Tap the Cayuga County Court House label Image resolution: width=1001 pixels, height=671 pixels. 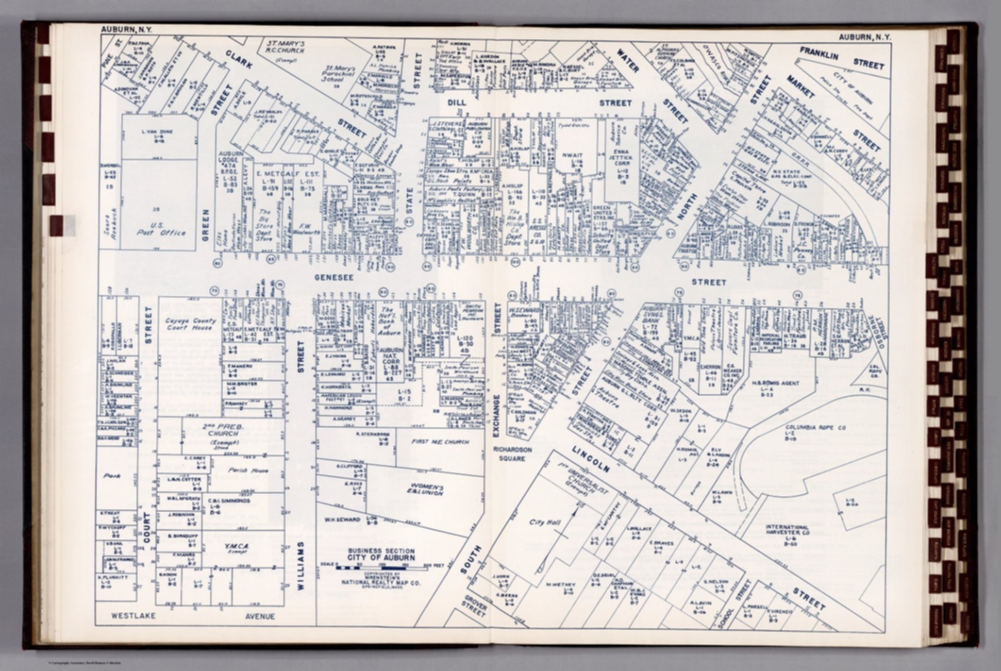click(190, 324)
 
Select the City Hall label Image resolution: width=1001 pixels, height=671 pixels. click(541, 522)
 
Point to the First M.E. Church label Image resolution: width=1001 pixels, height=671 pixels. click(439, 442)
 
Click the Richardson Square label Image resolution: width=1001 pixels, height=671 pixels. click(513, 454)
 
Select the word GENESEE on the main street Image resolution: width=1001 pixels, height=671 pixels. click(334, 278)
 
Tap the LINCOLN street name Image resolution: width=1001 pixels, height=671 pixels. click(591, 459)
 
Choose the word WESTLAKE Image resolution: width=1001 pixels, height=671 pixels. click(133, 616)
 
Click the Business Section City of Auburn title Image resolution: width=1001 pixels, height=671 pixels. click(381, 555)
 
